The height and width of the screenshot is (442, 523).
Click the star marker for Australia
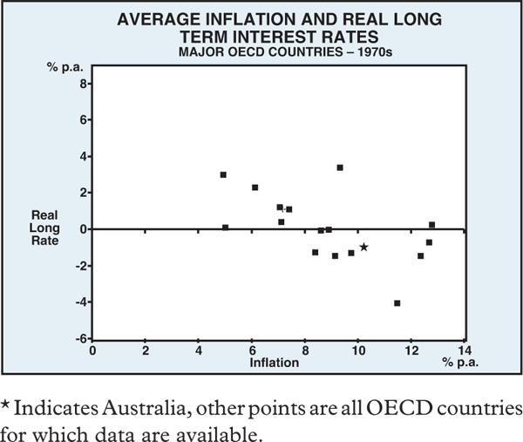363,247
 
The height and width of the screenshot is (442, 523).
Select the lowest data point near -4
397,303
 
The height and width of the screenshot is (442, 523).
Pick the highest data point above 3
340,167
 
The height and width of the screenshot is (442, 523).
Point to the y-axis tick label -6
82,339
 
